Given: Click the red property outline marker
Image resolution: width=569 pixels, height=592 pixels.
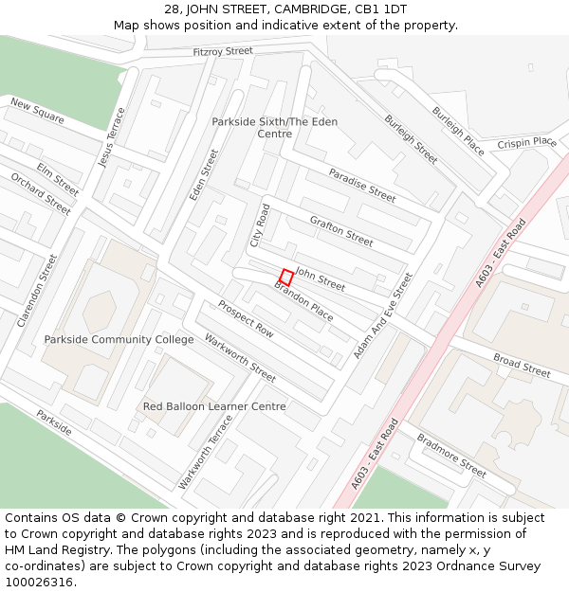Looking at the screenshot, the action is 285,278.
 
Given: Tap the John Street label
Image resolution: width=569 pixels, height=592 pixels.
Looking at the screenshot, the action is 321,278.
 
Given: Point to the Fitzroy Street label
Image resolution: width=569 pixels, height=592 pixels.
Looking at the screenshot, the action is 223,51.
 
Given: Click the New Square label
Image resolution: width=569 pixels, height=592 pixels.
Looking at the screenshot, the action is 37,111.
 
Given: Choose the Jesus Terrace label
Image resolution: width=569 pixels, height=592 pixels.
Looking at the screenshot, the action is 111,138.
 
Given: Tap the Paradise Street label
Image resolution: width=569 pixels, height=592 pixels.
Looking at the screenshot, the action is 362,185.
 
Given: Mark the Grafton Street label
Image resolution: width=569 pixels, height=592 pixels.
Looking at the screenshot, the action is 341,230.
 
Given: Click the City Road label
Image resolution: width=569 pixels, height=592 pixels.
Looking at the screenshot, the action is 260,225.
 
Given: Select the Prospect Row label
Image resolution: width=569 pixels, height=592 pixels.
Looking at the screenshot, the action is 246,318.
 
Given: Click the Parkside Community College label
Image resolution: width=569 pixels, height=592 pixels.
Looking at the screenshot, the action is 119,339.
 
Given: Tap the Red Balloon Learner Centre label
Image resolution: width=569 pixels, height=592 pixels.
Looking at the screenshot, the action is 214,406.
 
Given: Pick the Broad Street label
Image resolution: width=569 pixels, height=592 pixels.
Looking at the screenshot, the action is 522,366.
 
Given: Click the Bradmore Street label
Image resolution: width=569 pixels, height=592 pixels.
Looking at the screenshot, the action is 451,454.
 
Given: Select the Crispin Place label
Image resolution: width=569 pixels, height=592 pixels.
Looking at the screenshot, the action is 526,143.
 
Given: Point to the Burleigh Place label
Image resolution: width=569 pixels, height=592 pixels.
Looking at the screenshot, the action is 458,131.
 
